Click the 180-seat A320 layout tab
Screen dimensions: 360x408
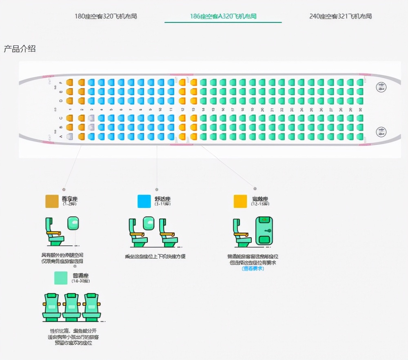pyautogui.click(x=105, y=16)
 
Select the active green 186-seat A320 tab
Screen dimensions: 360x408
pyautogui.click(x=223, y=16)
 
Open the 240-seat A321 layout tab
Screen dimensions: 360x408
pyautogui.click(x=340, y=16)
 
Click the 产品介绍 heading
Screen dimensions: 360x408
pyautogui.click(x=20, y=49)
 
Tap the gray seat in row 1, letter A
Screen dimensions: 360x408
pyautogui.click(x=70, y=136)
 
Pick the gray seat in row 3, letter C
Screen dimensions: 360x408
pyautogui.click(x=91, y=118)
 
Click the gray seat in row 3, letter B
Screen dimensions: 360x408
pyautogui.click(x=91, y=127)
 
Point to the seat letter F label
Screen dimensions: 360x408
pyautogui.click(x=61, y=83)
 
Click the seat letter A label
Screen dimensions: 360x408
pyautogui.click(x=61, y=137)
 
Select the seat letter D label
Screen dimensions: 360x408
pyautogui.click(x=61, y=100)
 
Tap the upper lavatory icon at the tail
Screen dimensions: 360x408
pyautogui.click(x=381, y=87)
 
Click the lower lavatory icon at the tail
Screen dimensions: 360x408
pyautogui.click(x=381, y=132)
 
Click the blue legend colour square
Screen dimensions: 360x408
pyautogui.click(x=144, y=201)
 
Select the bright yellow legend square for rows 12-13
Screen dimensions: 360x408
pyautogui.click(x=240, y=201)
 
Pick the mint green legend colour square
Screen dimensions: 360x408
pyautogui.click(x=61, y=278)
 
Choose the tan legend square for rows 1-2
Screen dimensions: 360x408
pyautogui.click(x=52, y=201)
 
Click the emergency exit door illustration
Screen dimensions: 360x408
pyautogui.click(x=264, y=231)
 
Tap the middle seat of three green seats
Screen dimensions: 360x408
pyautogui.click(x=71, y=306)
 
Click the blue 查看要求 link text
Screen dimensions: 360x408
pyautogui.click(x=253, y=269)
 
